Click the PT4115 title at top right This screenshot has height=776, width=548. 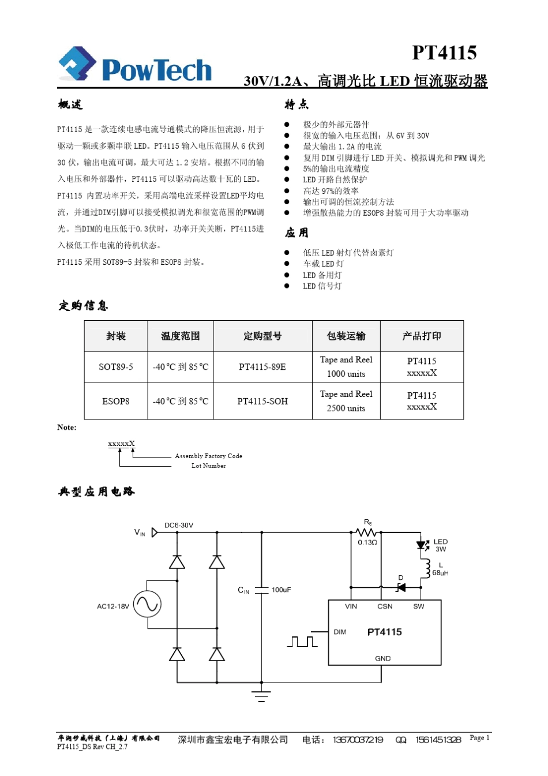(444, 53)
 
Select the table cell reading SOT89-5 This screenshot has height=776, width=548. (116, 367)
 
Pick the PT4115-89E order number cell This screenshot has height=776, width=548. (262, 367)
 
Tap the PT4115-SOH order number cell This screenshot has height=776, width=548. (262, 402)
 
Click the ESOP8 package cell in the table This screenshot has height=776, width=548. (116, 402)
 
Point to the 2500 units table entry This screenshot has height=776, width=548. (346, 408)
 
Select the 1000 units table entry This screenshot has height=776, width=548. (346, 374)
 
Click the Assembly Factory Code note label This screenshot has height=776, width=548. (208, 456)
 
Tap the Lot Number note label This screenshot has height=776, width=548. (208, 466)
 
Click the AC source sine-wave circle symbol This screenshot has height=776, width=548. (147, 604)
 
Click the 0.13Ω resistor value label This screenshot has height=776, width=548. (367, 543)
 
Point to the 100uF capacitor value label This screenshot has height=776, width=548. (281, 590)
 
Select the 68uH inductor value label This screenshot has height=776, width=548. (440, 573)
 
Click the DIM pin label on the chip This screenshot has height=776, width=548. (340, 632)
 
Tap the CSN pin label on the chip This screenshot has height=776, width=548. (385, 606)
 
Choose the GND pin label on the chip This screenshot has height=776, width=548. (382, 658)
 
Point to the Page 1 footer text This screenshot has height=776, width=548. (479, 738)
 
